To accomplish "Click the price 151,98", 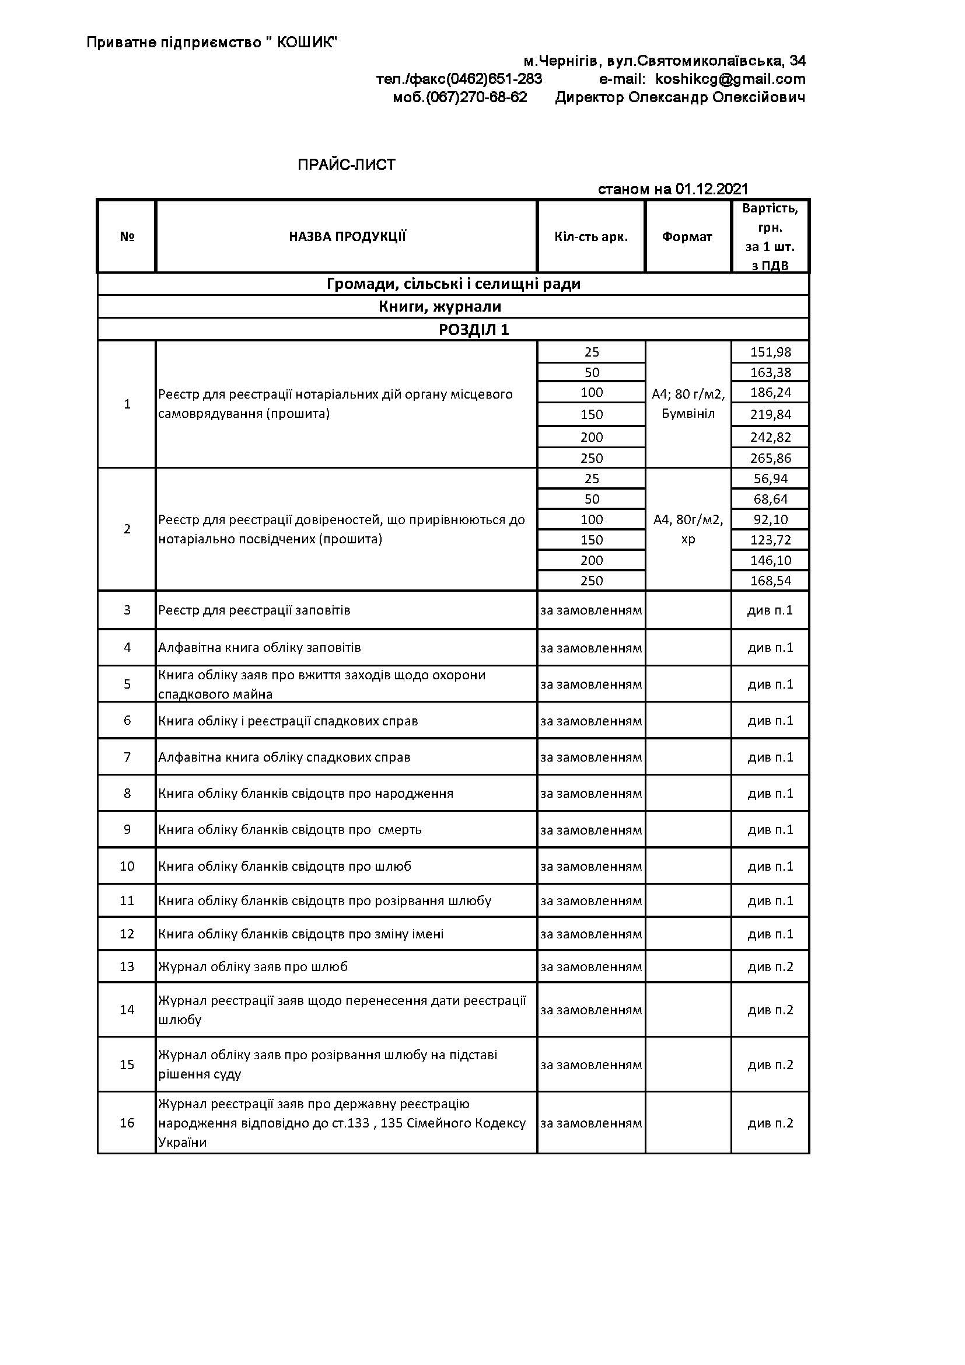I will pyautogui.click(x=770, y=352).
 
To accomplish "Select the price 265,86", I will pyautogui.click(x=770, y=458).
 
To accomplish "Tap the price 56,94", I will pyautogui.click(x=770, y=479).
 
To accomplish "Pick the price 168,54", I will pyautogui.click(x=770, y=580).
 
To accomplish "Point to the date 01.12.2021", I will pyautogui.click(x=711, y=189).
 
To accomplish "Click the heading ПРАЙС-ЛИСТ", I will pyautogui.click(x=347, y=165).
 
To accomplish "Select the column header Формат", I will pyautogui.click(x=687, y=236).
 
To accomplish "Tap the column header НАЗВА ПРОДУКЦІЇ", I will pyautogui.click(x=347, y=236).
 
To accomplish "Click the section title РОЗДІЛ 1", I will pyautogui.click(x=474, y=329).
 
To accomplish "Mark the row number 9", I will pyautogui.click(x=127, y=829).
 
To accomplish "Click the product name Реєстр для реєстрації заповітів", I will pyautogui.click(x=254, y=610).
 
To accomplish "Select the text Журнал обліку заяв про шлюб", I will pyautogui.click(x=253, y=966).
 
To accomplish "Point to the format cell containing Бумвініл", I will pyautogui.click(x=688, y=413).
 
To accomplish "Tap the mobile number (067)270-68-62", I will pyautogui.click(x=476, y=97).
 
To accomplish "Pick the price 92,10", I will pyautogui.click(x=770, y=519).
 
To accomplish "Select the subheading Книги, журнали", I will pyautogui.click(x=440, y=307).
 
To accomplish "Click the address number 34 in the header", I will pyautogui.click(x=798, y=61).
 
